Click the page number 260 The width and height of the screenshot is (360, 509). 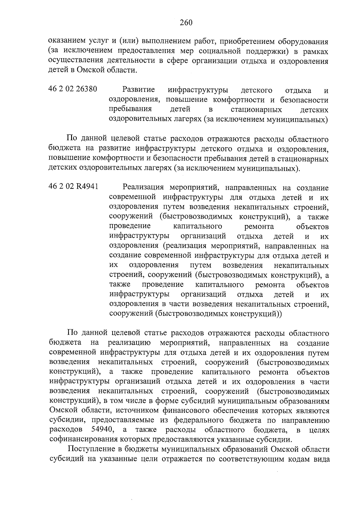pyautogui.click(x=186, y=22)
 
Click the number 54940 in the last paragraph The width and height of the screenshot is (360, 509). pyautogui.click(x=102, y=430)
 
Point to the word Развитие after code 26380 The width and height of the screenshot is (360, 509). pyautogui.click(x=139, y=90)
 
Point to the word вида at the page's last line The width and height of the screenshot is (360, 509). pyautogui.click(x=322, y=459)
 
